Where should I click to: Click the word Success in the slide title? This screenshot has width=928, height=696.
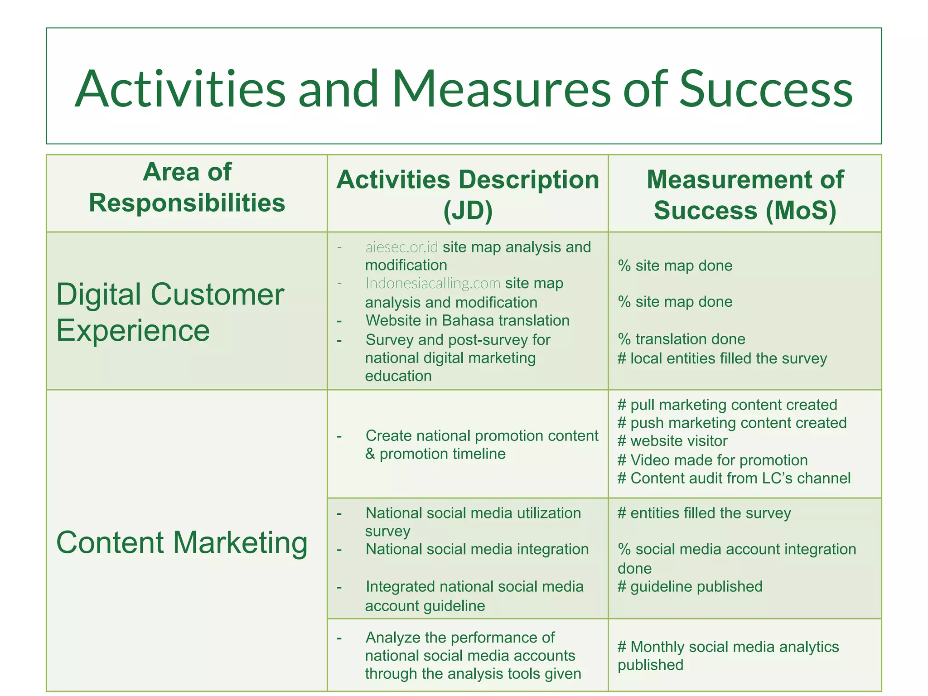tap(766, 89)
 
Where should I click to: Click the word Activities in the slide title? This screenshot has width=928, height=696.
tap(180, 89)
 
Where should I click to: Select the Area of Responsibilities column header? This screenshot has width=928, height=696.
tap(187, 188)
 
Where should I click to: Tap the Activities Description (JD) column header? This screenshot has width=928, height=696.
tap(468, 195)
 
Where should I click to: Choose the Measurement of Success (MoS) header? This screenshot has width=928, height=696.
tap(744, 195)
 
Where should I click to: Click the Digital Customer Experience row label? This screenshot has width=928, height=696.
tap(170, 312)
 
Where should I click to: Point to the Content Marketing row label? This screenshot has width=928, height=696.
tap(182, 542)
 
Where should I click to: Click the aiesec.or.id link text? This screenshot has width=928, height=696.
tap(401, 247)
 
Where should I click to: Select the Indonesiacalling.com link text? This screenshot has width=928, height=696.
tap(433, 284)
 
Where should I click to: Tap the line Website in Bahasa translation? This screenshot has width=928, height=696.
tap(467, 321)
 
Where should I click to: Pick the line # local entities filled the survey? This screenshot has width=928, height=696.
tap(722, 359)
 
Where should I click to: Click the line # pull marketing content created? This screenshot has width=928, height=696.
tap(727, 405)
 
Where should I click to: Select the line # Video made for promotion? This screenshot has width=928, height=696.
tap(712, 460)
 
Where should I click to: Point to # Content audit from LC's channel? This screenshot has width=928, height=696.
tap(734, 478)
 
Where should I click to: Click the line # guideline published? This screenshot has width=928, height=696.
tap(690, 587)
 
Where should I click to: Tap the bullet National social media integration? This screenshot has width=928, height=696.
tap(477, 550)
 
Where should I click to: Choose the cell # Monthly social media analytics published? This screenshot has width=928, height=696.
tap(728, 656)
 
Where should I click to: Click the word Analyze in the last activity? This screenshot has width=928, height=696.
tap(392, 638)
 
